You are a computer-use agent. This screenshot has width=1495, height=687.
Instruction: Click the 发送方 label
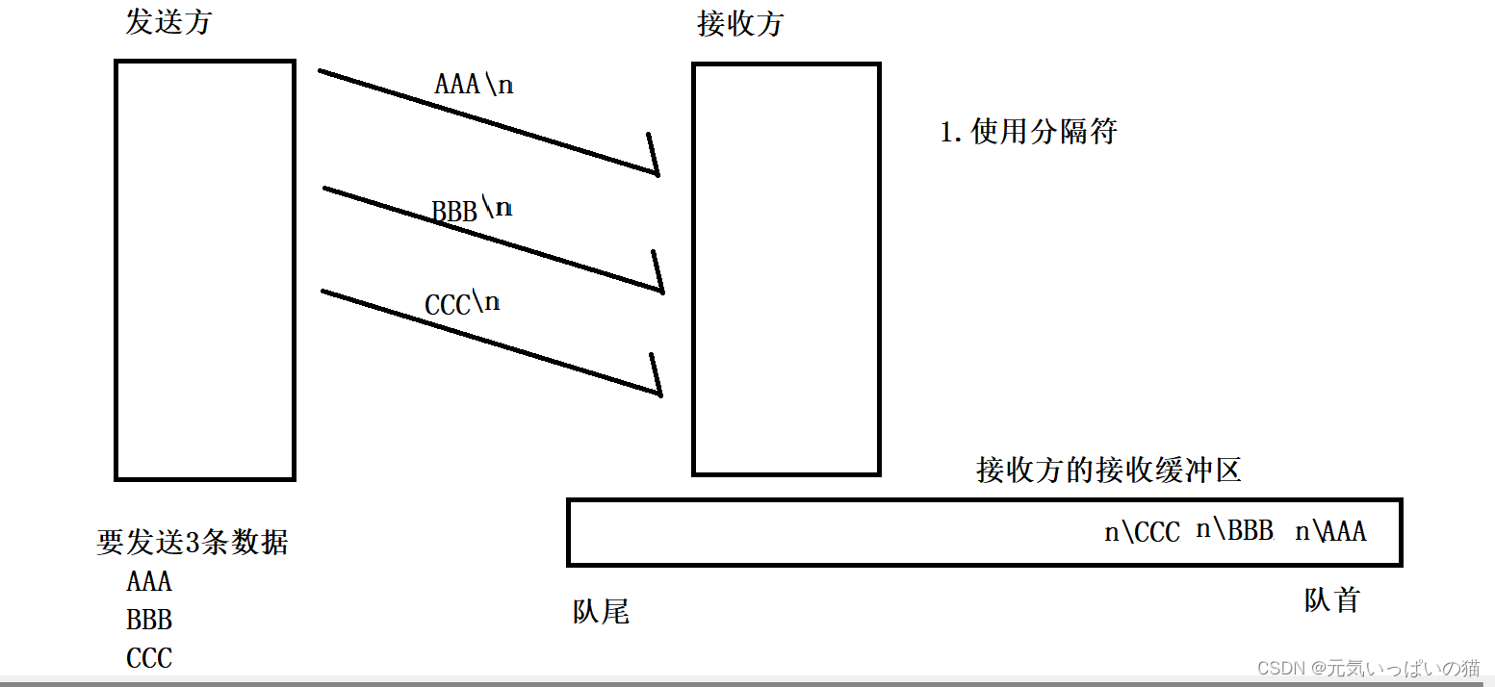tap(168, 22)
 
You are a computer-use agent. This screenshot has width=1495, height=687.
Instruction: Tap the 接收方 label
tap(739, 25)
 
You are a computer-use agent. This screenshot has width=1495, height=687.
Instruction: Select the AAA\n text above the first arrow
tap(474, 85)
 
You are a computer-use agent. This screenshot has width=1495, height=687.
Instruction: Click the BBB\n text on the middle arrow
tap(472, 209)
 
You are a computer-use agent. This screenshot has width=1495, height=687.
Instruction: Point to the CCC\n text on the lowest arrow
tap(462, 303)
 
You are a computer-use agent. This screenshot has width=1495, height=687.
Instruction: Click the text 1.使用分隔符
tap(1027, 132)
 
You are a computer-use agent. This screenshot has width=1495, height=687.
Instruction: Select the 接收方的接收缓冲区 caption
tap(1109, 470)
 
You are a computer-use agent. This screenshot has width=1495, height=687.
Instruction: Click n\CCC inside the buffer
tap(1142, 532)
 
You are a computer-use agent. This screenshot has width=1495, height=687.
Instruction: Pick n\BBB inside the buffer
tap(1234, 530)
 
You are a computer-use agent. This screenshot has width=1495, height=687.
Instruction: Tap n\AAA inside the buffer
tap(1330, 531)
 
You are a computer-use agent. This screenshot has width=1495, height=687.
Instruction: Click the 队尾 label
tap(601, 612)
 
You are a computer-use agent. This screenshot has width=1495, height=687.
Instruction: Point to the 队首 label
tap(1331, 600)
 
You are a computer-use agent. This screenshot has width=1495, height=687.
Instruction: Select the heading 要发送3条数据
tap(192, 543)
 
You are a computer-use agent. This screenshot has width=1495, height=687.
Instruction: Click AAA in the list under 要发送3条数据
tap(149, 581)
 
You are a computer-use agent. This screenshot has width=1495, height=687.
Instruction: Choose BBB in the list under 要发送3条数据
tap(149, 620)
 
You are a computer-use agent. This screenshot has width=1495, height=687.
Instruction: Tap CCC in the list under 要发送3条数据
tap(149, 658)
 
